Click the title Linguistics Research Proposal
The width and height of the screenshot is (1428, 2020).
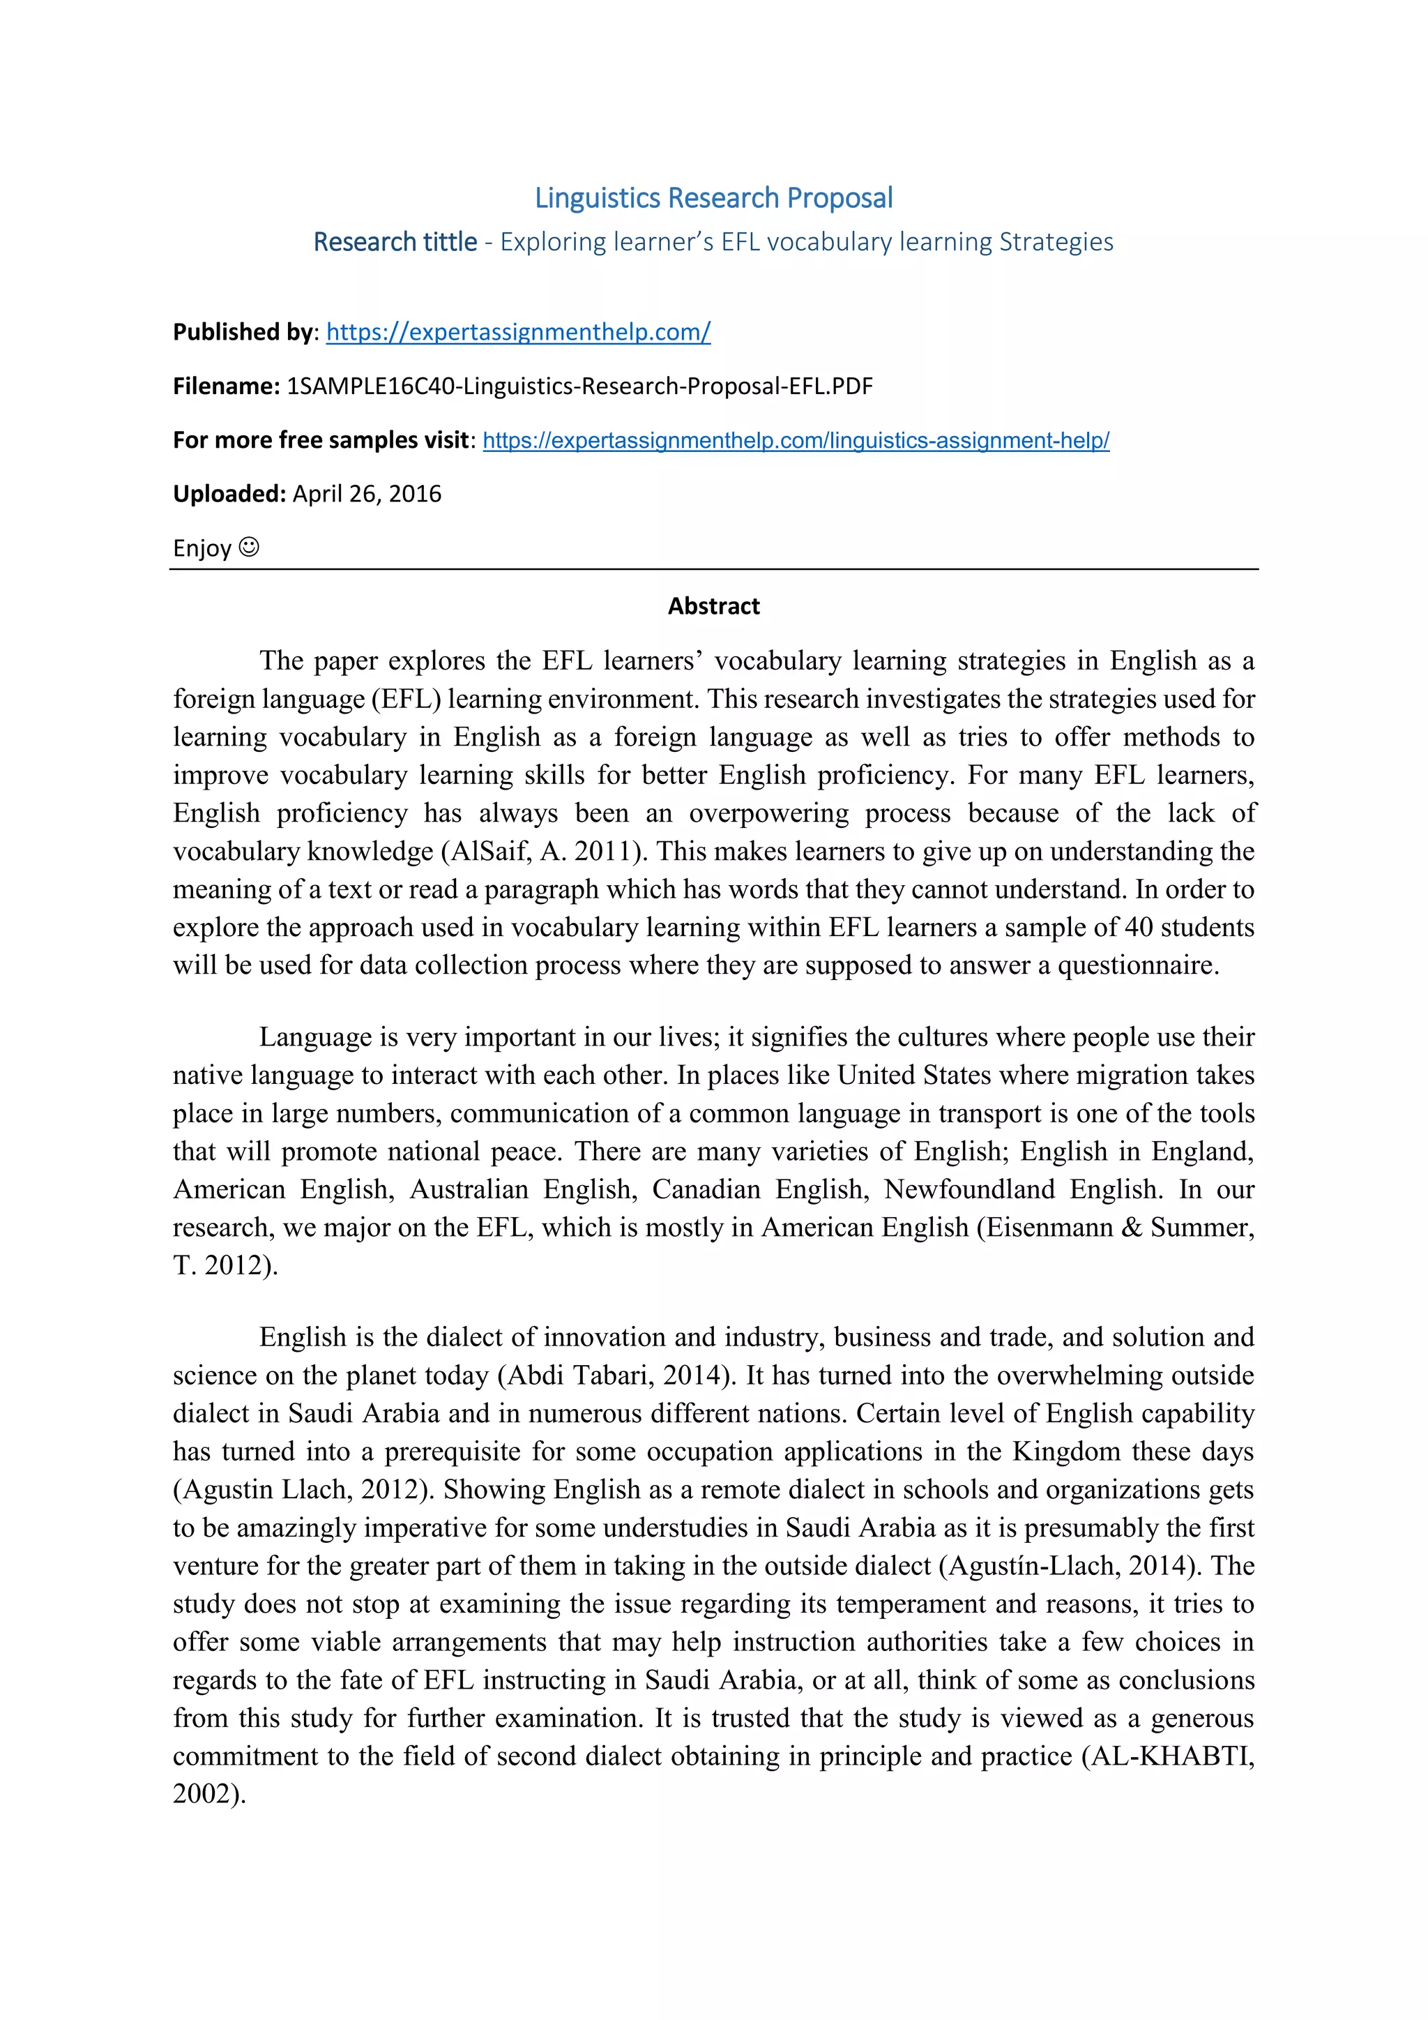(713, 198)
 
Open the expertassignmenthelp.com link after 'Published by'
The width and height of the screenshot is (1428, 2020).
(518, 332)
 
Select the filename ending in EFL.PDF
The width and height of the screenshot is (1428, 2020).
(579, 386)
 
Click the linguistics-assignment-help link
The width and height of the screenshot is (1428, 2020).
(796, 440)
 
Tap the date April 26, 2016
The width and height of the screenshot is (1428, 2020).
(367, 494)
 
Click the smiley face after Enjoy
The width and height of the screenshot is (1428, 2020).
(250, 548)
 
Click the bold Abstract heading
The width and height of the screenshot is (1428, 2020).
(713, 606)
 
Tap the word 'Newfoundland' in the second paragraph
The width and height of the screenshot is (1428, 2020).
(969, 1189)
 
